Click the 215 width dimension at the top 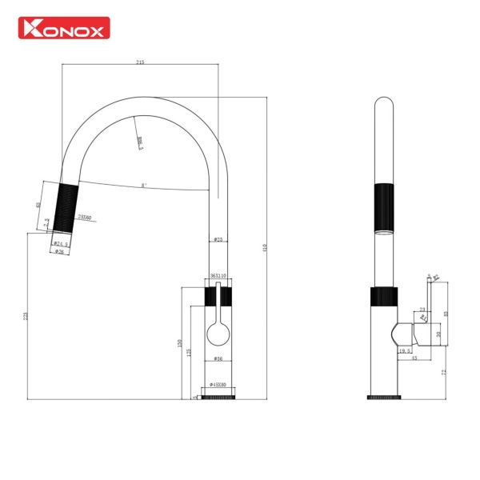tap(141, 62)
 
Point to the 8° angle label tap(143, 186)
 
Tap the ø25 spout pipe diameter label tap(218, 240)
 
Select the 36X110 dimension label tap(218, 275)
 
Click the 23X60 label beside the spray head tap(84, 218)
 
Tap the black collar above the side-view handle tap(383, 296)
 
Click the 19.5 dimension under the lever tap(405, 350)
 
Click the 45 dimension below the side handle tap(414, 358)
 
